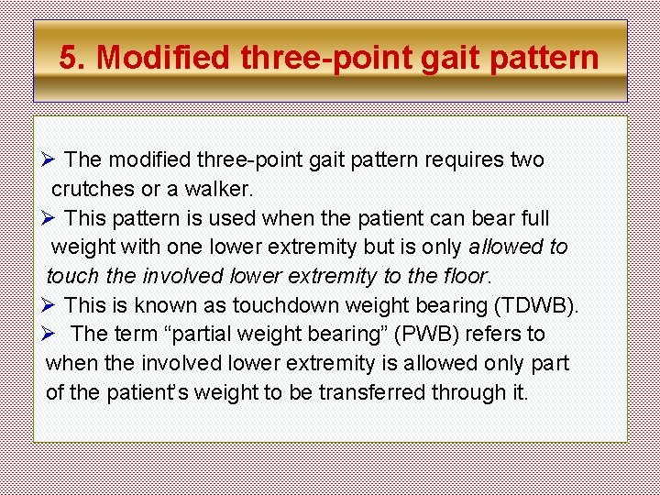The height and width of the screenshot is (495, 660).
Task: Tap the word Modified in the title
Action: tap(164, 57)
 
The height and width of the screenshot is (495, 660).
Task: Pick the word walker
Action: tap(219, 189)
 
